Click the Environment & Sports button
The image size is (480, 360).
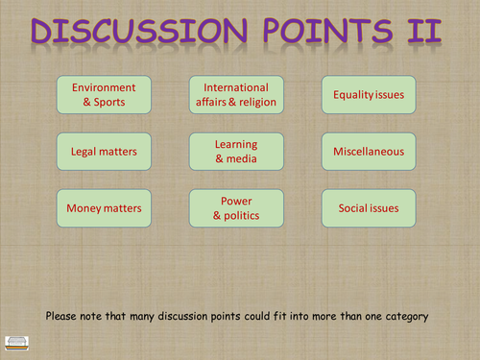[x=97, y=94]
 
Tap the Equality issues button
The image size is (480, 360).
[x=369, y=94]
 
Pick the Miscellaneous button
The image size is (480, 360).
[x=369, y=151]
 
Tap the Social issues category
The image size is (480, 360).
[x=369, y=207]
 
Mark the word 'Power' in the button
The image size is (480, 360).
[x=236, y=200]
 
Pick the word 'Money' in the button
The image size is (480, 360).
[x=81, y=207]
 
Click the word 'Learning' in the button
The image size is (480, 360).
[x=236, y=143]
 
